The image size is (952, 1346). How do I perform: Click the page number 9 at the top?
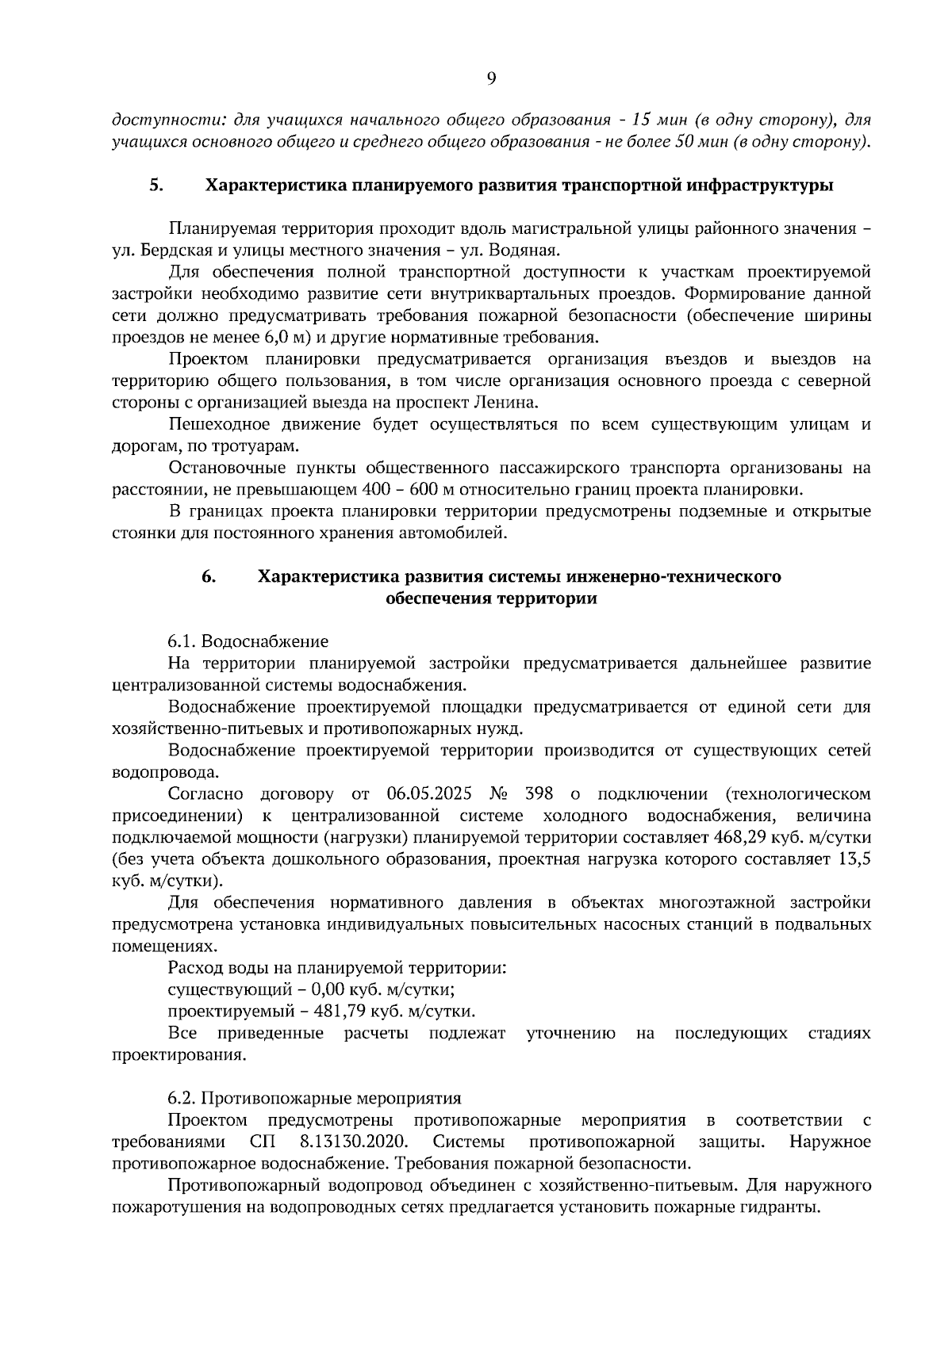pyautogui.click(x=491, y=78)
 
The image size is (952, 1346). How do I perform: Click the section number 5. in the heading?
pyautogui.click(x=157, y=185)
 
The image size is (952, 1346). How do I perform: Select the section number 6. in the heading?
pyautogui.click(x=209, y=576)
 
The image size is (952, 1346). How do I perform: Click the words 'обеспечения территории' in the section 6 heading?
pyautogui.click(x=490, y=599)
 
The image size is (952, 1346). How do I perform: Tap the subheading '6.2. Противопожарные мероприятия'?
pyautogui.click(x=314, y=1099)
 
